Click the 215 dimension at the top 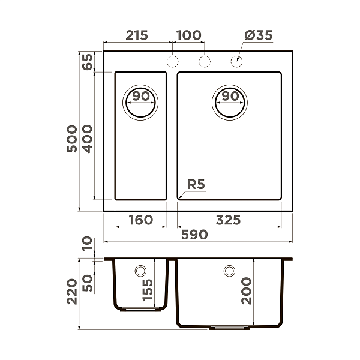[137, 35]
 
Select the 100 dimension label [189, 35]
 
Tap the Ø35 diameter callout [259, 35]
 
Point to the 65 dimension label [87, 62]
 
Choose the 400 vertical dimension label [87, 139]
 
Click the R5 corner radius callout [196, 184]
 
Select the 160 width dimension [140, 220]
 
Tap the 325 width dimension [228, 220]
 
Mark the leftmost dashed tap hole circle [173, 61]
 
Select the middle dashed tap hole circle [205, 61]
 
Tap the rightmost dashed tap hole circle [236, 61]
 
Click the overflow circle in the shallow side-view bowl [141, 271]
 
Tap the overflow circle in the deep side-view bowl [229, 271]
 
